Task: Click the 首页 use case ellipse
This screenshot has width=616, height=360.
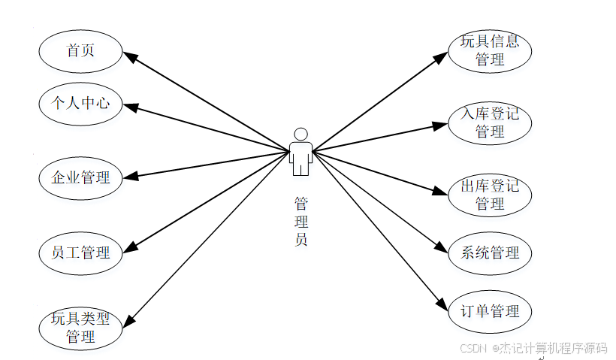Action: tap(80, 50)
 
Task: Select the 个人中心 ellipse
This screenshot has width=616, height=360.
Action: tap(80, 102)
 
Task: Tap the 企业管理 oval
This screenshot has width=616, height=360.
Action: tap(80, 177)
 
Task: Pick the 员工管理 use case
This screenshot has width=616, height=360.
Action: tap(80, 253)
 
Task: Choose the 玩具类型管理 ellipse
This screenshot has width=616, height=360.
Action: tap(80, 328)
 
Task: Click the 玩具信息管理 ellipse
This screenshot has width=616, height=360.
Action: tap(490, 50)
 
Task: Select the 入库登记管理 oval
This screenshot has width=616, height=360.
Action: tap(490, 123)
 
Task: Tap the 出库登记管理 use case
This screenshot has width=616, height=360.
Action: tap(490, 195)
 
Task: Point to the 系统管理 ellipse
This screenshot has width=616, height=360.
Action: tap(490, 253)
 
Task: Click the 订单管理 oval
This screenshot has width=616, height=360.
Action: tap(490, 310)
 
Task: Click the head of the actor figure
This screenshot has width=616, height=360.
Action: tap(301, 134)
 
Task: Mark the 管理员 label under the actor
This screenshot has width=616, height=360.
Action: tap(301, 222)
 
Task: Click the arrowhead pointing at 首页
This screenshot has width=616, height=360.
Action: tap(128, 56)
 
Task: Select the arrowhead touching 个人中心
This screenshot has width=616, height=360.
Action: tap(129, 107)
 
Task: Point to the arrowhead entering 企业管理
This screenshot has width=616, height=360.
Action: tap(129, 177)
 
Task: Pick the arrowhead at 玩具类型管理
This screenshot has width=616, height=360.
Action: tap(128, 320)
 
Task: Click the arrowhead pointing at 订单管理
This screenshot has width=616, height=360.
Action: tap(443, 304)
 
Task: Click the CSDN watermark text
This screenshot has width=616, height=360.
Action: tap(533, 348)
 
